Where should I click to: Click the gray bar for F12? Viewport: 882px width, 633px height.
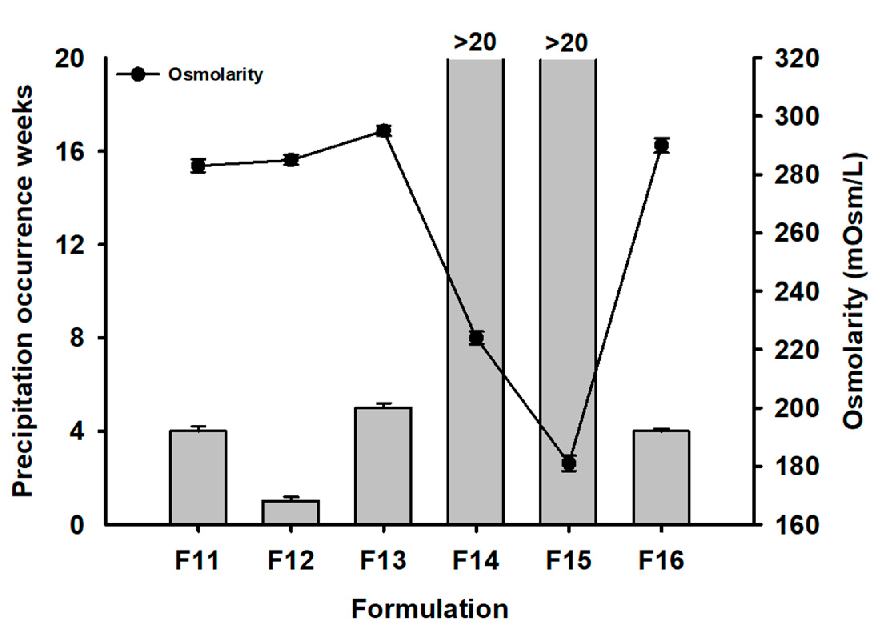coord(291,512)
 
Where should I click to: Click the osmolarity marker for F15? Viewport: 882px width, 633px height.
coord(569,463)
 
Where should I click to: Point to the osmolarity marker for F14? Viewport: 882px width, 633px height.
coord(476,338)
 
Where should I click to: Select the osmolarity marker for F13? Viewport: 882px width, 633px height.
coord(383,131)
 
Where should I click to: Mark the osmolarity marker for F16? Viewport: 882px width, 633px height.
coord(661,145)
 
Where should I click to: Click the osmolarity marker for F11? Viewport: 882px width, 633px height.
coord(198,166)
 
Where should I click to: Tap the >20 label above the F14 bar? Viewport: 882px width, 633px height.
coord(475,42)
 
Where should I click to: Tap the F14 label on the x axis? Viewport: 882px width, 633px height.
coord(475,560)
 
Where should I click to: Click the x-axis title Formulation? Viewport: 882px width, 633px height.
coord(429,609)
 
